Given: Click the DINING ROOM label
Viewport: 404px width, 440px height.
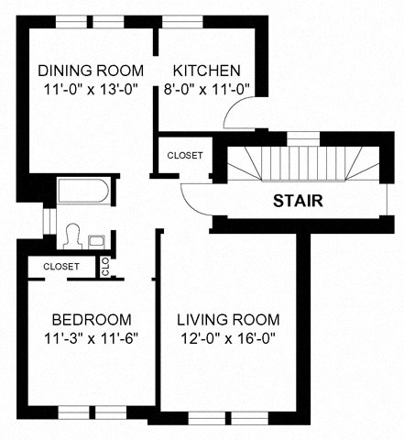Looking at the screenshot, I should click(x=91, y=71).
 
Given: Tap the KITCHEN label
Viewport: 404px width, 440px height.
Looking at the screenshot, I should click(x=207, y=71).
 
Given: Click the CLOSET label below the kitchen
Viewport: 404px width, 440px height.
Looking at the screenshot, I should click(x=185, y=155).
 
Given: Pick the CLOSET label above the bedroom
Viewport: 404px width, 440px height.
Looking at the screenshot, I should click(x=60, y=266).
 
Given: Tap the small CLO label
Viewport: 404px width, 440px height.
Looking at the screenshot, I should click(x=105, y=267).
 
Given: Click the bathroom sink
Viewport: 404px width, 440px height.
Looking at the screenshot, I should click(x=96, y=240).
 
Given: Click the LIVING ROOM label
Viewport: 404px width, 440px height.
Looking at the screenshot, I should click(x=228, y=320).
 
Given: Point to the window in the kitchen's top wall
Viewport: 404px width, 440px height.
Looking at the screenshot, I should click(x=182, y=20).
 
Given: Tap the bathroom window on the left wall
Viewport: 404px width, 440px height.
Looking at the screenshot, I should click(x=48, y=223).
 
